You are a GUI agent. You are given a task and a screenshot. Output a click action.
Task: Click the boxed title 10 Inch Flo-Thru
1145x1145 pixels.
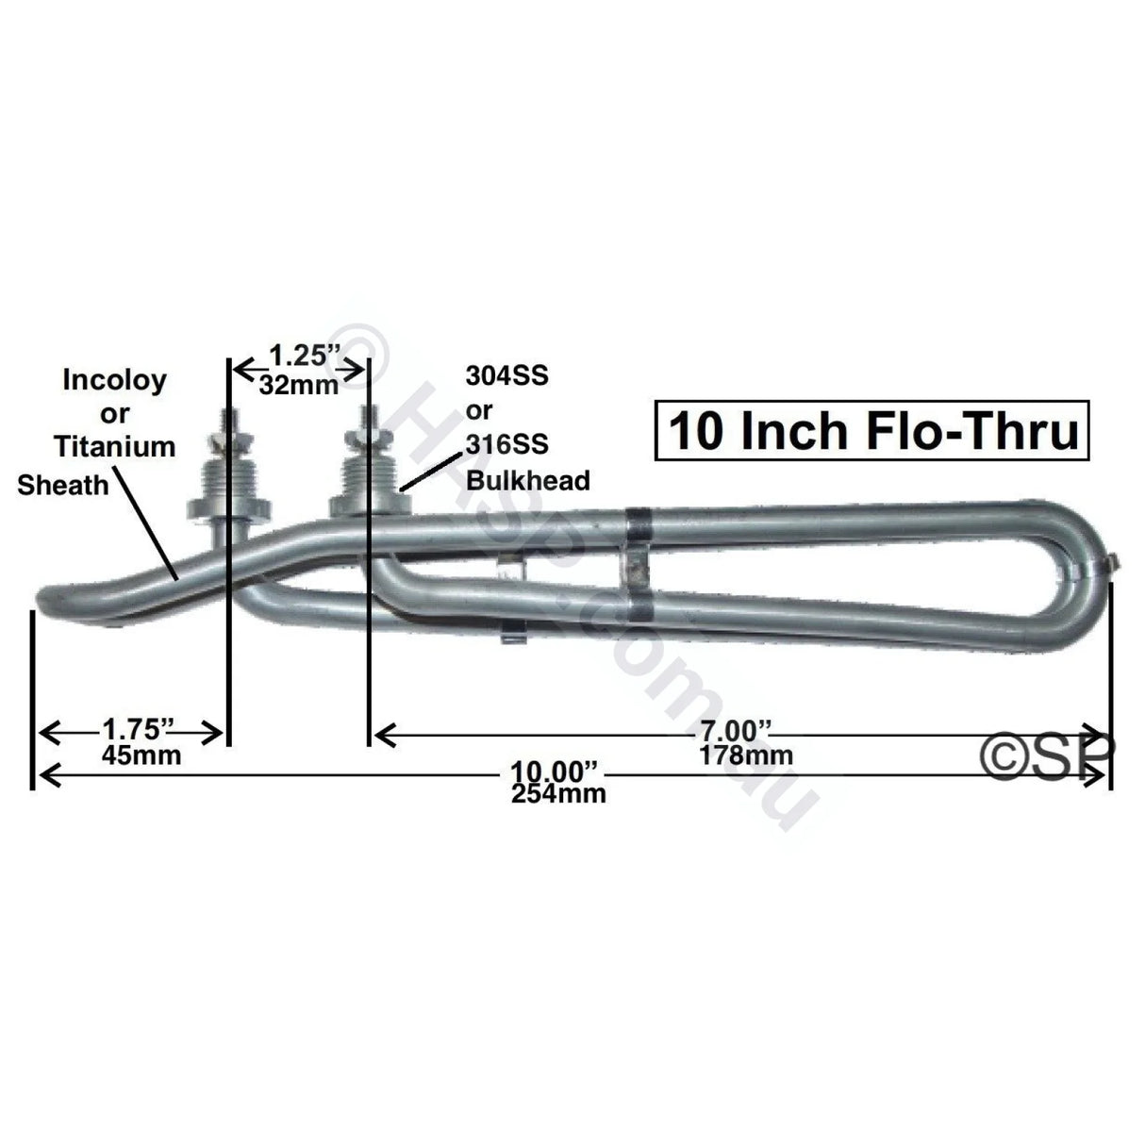872,432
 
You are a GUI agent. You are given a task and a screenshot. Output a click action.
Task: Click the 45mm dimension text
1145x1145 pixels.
141,755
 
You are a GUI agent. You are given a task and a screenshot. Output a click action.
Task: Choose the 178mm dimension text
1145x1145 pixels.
746,755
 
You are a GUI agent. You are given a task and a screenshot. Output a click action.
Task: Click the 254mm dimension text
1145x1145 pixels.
558,794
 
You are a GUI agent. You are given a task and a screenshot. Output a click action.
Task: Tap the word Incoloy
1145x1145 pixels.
114,380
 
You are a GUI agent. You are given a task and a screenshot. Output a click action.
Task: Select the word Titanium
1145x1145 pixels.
115,445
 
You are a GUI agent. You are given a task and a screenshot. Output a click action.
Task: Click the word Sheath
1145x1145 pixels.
62,485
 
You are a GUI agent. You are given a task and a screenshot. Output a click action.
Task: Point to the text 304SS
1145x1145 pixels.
506,377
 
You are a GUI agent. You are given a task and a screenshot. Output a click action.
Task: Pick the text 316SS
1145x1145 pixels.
506,445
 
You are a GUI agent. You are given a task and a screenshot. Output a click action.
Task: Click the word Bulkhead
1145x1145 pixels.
528,480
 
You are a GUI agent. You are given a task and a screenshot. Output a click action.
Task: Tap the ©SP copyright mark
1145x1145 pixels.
1048,755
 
